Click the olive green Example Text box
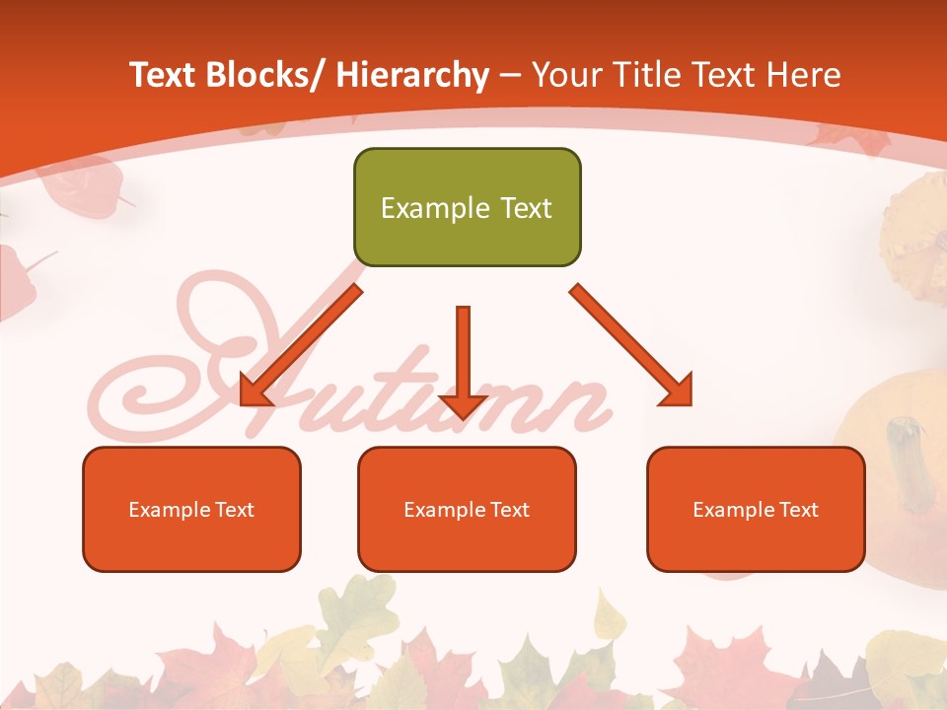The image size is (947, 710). [467, 207]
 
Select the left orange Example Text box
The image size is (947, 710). [191, 509]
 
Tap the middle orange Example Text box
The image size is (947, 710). [467, 509]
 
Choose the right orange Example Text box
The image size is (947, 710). [756, 509]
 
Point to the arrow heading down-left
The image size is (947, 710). [301, 345]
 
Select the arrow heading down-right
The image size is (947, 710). [631, 345]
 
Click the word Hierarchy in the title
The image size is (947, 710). [411, 75]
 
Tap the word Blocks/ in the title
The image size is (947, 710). [264, 75]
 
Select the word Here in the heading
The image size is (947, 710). [806, 75]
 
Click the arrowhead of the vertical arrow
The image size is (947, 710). [463, 404]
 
